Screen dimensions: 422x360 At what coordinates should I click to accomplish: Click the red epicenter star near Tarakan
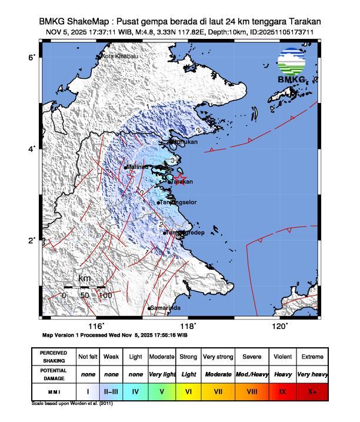[180, 177]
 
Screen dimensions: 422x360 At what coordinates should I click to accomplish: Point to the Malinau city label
[136, 167]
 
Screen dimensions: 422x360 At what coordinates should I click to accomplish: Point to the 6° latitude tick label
[34, 57]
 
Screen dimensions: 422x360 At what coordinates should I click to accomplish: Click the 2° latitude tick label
[34, 240]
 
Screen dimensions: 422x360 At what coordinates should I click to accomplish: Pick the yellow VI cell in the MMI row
[188, 390]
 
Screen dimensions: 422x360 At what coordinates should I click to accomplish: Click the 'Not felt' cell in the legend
[88, 357]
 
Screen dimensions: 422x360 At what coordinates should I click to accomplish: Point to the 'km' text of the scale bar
[84, 278]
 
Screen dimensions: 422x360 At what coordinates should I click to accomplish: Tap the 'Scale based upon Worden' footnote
[72, 404]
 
